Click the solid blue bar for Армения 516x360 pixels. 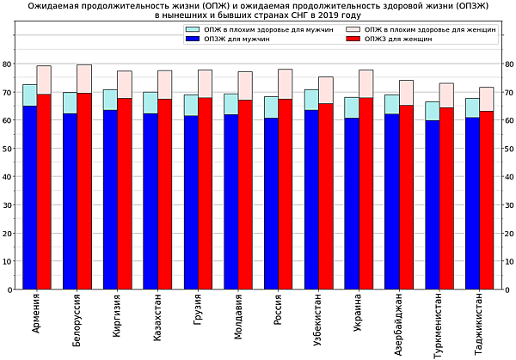tap(30, 198)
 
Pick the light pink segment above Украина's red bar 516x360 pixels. tap(366, 83)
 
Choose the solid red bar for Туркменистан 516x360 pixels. tap(446, 198)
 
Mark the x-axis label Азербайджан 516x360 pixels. tap(392, 324)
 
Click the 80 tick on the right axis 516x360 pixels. tap(508, 64)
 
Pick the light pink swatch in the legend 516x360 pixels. tap(353, 29)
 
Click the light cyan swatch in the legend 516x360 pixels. tap(193, 29)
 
